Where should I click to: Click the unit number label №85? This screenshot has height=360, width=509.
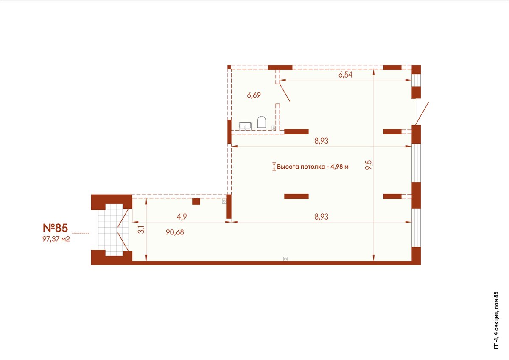tap(55, 228)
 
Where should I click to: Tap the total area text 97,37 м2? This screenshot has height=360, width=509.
tap(56, 239)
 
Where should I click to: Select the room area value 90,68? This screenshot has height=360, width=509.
tap(175, 232)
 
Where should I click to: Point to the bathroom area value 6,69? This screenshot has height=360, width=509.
tap(254, 95)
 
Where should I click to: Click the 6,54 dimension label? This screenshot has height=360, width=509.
tap(345, 75)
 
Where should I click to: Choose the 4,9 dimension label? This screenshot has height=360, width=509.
tap(182, 217)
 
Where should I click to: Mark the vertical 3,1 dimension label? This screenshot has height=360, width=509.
tap(142, 230)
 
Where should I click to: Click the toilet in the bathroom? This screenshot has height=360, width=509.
tap(262, 123)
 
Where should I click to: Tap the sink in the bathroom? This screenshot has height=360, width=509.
tap(245, 126)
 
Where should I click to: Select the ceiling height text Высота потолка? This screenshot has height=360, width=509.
tap(301, 167)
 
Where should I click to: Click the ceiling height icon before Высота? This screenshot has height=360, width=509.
tap(274, 167)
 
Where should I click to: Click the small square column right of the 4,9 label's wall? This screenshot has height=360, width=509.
tap(196, 201)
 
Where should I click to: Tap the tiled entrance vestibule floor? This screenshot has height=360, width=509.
tap(113, 229)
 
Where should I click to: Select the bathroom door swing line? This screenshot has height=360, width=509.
tap(285, 92)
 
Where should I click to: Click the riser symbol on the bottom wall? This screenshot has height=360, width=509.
tap(285, 259)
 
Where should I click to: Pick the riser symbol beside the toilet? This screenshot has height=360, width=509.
tap(274, 128)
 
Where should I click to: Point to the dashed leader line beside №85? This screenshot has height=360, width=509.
tap(81, 233)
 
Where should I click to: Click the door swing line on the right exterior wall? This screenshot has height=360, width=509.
tap(422, 113)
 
